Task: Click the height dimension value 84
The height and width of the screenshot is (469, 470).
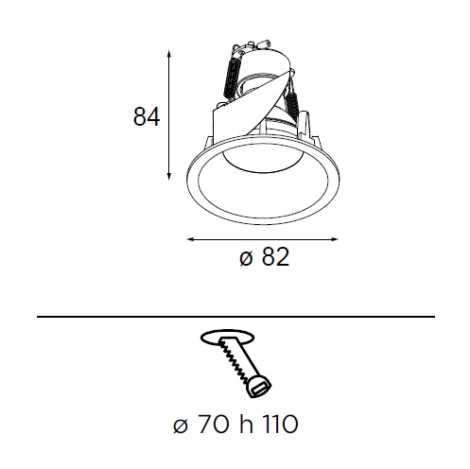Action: [x=147, y=116]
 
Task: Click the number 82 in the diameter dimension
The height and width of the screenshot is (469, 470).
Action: [x=275, y=256]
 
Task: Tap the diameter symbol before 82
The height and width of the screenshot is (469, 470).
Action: [x=246, y=259]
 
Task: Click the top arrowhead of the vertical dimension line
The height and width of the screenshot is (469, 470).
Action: [x=169, y=54]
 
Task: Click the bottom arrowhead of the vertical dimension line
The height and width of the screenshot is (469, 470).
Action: [x=169, y=176]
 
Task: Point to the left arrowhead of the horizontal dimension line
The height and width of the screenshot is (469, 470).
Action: [x=191, y=239]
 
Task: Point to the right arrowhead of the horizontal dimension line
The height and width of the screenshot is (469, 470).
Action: [x=334, y=239]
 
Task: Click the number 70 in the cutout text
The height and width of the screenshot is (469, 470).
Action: [x=214, y=425]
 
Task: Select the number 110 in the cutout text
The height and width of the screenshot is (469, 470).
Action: [x=279, y=425]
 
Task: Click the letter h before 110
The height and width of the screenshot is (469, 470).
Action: [x=246, y=424]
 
